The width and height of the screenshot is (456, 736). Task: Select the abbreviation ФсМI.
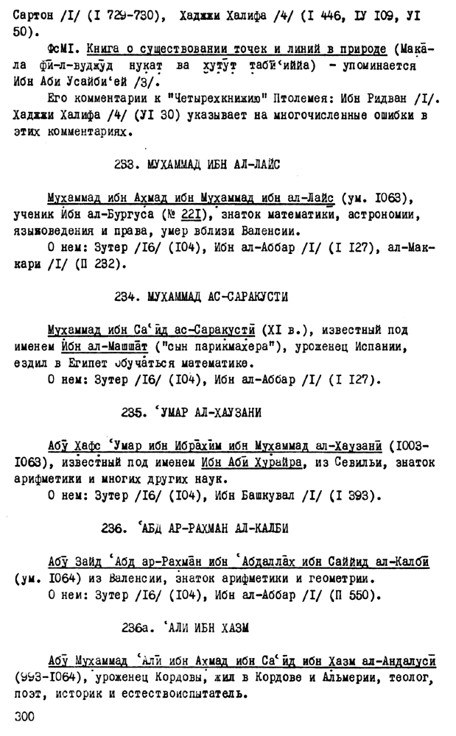pos(62,49)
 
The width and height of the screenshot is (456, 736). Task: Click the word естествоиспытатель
pos(178,693)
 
